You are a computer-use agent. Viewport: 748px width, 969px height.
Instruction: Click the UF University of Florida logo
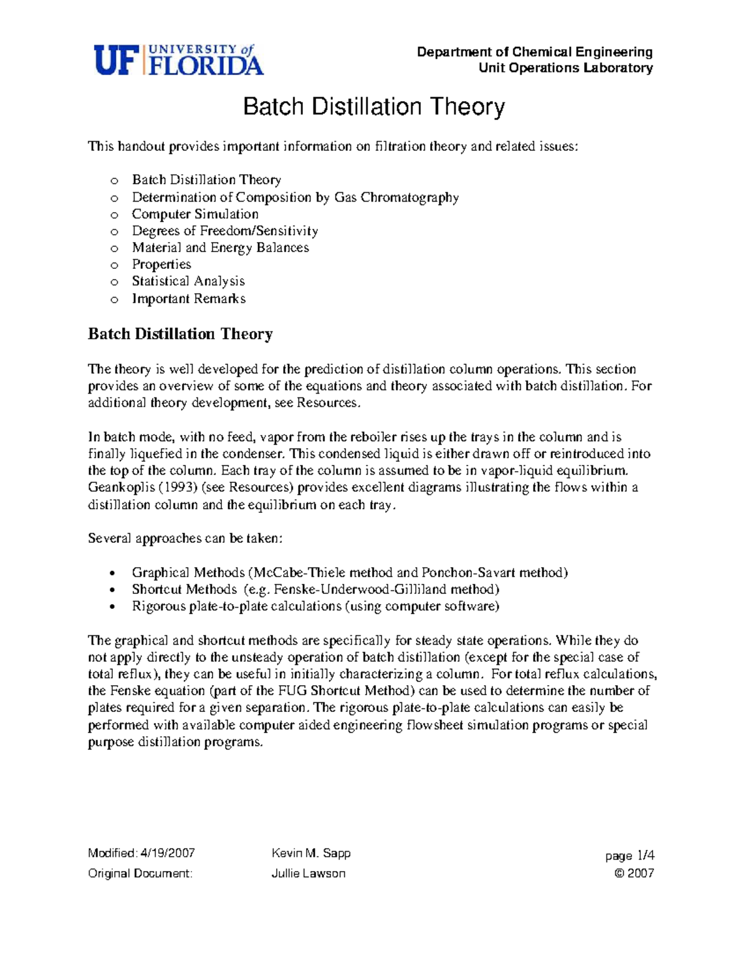[x=178, y=60]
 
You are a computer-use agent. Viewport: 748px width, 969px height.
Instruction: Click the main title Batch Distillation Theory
[x=373, y=107]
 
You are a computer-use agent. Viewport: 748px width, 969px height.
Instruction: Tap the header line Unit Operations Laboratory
[x=565, y=68]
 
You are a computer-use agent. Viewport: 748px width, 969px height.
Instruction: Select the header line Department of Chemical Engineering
[x=535, y=52]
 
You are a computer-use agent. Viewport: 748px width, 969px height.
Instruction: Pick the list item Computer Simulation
[x=195, y=214]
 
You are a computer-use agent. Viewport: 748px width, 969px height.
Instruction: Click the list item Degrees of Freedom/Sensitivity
[x=225, y=231]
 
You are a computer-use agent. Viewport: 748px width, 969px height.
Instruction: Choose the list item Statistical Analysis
[x=188, y=281]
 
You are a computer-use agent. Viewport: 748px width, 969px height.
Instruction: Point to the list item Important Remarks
[x=189, y=299]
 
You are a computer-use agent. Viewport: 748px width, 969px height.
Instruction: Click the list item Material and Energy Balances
[x=220, y=248]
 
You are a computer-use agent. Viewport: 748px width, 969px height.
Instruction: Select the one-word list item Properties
[x=161, y=265]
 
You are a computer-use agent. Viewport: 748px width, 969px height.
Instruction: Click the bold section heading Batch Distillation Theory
[x=180, y=334]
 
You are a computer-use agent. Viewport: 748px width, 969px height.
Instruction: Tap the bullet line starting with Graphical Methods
[x=350, y=573]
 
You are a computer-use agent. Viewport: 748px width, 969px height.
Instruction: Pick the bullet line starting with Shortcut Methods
[x=315, y=590]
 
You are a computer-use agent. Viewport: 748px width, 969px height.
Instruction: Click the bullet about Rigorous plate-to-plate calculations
[x=315, y=606]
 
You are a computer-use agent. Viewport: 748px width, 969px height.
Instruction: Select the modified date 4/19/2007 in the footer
[x=168, y=853]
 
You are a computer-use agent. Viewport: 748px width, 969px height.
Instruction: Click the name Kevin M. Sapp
[x=311, y=853]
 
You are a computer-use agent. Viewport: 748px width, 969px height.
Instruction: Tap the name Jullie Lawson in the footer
[x=309, y=874]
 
